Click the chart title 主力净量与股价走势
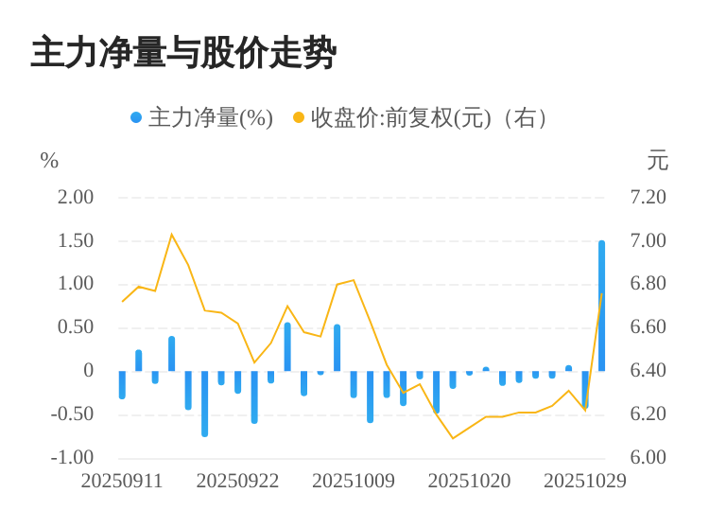183,53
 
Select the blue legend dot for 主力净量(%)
136,117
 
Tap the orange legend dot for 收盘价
299,117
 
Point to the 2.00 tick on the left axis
76,197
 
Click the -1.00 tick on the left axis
72,457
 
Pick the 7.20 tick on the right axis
648,197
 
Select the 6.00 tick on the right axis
648,457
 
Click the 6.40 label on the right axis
648,370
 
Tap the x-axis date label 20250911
122,481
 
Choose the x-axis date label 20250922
237,481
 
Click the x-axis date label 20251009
354,481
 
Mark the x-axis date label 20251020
469,481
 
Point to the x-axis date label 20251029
584,481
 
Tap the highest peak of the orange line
171,234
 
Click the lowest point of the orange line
453,438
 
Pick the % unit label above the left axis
49,161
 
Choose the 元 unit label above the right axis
657,161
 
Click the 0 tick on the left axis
89,370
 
